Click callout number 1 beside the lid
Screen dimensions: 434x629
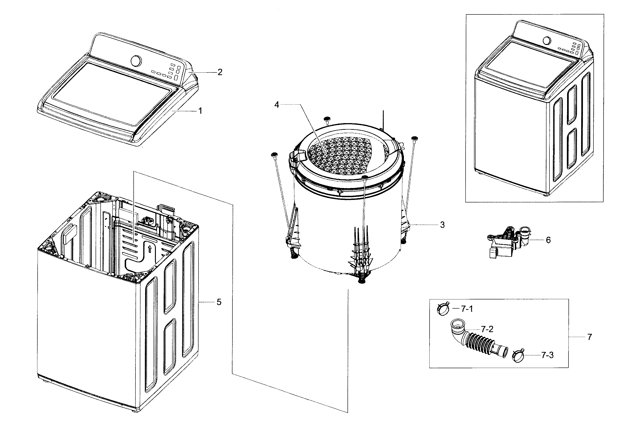[x=200, y=111]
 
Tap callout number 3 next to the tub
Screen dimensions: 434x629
[x=442, y=225]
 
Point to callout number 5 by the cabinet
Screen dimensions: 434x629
[x=219, y=302]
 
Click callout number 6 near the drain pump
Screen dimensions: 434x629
[x=548, y=240]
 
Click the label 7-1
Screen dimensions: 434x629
[x=467, y=309]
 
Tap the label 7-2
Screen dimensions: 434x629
[x=487, y=330]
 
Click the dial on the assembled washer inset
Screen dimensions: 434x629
[x=547, y=41]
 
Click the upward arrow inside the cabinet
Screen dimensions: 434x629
[x=149, y=248]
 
